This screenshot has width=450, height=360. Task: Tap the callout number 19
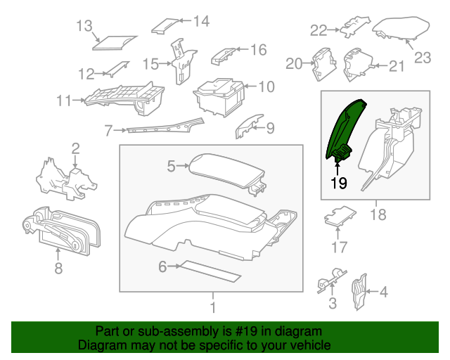pyautogui.click(x=339, y=184)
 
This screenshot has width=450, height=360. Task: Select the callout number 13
pyautogui.click(x=84, y=27)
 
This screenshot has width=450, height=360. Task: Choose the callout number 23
pyautogui.click(x=422, y=58)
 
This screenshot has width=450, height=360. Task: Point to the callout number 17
pyautogui.click(x=340, y=247)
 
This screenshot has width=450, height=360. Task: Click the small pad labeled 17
pyautogui.click(x=340, y=217)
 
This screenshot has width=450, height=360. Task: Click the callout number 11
pyautogui.click(x=64, y=101)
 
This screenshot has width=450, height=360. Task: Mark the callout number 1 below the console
pyautogui.click(x=211, y=307)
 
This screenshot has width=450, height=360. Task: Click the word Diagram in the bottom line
pyautogui.click(x=99, y=345)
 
